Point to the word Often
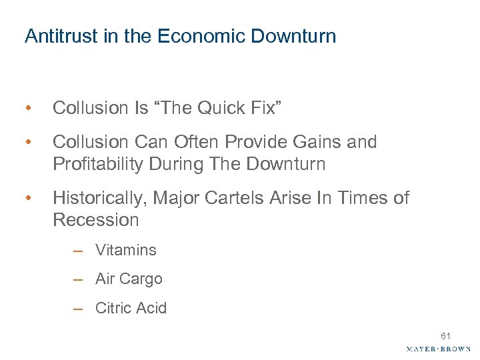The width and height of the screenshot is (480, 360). pyautogui.click(x=193, y=142)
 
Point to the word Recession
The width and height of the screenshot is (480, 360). pyautogui.click(x=96, y=219)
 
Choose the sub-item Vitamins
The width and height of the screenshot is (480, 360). pyautogui.click(x=125, y=251)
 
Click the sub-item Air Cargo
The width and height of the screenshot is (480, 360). pyautogui.click(x=129, y=279)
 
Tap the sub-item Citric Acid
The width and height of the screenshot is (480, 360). pyautogui.click(x=131, y=308)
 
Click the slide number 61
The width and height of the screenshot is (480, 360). pyautogui.click(x=445, y=337)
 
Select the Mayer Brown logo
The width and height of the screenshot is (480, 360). pyautogui.click(x=438, y=349)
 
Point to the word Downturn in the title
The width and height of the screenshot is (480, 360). pyautogui.click(x=293, y=36)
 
